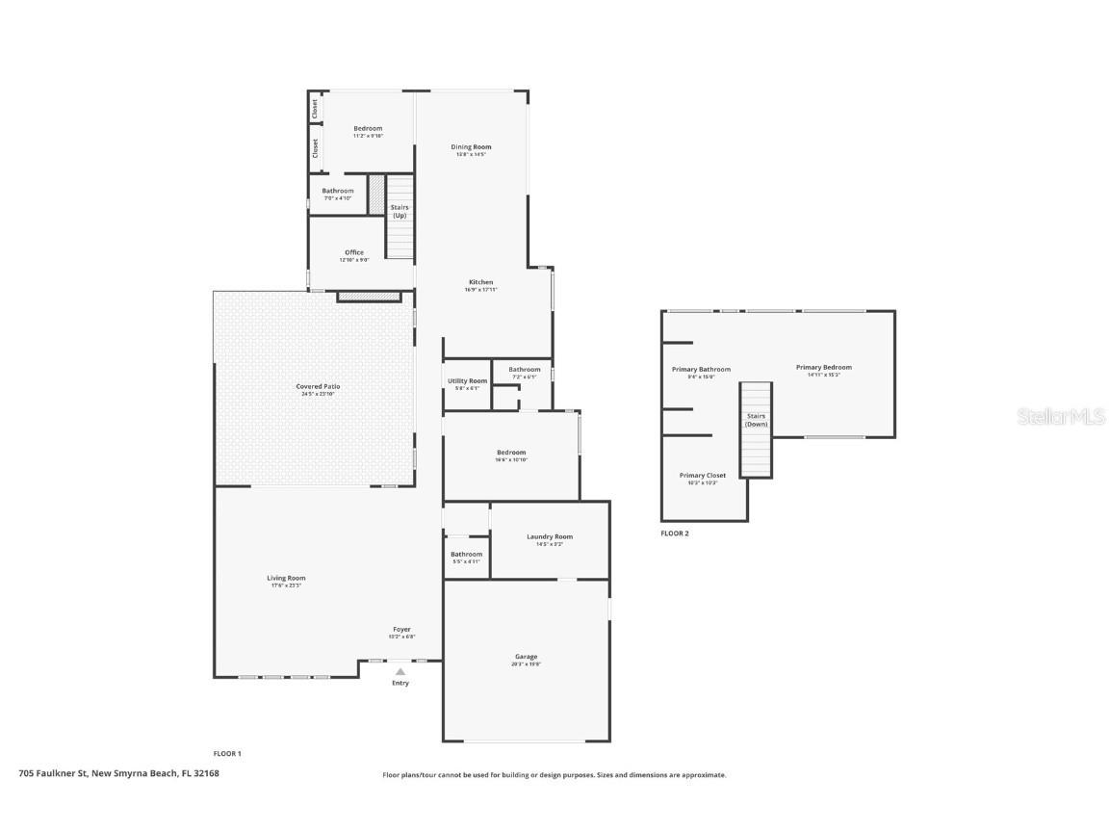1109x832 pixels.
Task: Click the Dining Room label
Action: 472,147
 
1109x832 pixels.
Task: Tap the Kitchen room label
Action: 480,282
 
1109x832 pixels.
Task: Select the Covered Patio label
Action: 318,386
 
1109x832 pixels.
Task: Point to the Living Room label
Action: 286,578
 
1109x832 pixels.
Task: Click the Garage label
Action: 526,657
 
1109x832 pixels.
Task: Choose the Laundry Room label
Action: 550,536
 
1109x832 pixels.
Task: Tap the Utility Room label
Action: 467,381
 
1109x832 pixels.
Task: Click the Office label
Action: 354,252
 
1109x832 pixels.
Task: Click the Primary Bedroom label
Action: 823,367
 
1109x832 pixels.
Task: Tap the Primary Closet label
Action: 703,476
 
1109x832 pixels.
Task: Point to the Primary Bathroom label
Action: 701,369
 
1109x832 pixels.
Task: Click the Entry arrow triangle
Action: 400,672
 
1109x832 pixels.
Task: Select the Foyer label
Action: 401,629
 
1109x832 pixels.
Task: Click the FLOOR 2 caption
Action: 675,533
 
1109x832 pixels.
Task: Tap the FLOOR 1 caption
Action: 227,753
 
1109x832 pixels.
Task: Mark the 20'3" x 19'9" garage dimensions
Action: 526,664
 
